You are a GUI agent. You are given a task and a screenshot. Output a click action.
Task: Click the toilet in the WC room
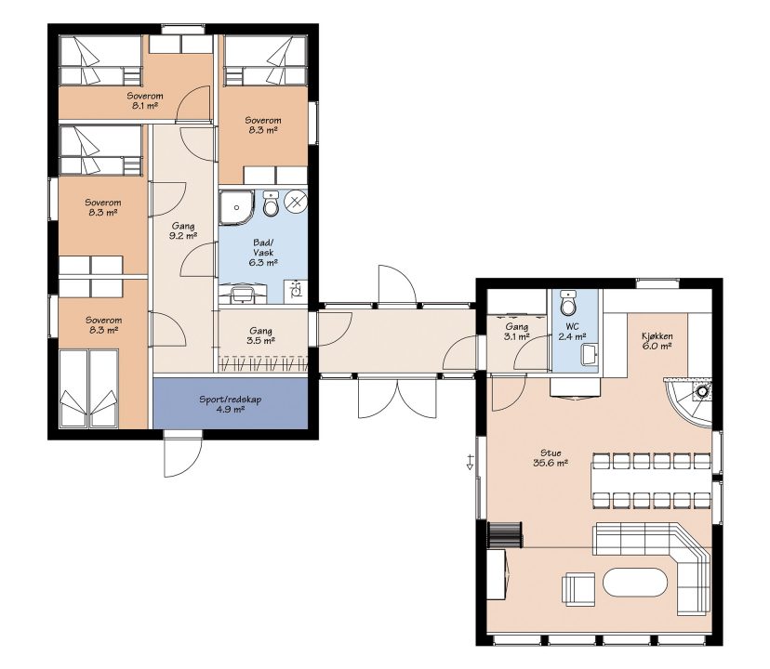[x=568, y=303]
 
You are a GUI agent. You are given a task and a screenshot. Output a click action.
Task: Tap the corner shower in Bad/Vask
[x=236, y=207]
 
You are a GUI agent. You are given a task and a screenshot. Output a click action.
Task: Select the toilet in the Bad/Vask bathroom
[x=271, y=203]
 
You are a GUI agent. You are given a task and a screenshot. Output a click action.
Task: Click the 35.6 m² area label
[x=551, y=463]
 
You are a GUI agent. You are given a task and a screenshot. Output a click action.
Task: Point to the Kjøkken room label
[x=657, y=341]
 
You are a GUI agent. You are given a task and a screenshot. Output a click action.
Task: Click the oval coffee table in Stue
[x=635, y=583]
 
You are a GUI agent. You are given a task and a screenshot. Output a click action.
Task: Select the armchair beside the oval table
[x=578, y=588]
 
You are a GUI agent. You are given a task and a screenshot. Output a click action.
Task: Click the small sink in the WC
[x=590, y=355]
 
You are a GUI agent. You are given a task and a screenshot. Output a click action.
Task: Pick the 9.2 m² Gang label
[x=183, y=230]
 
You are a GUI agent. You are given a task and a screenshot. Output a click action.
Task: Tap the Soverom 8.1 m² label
[x=145, y=100]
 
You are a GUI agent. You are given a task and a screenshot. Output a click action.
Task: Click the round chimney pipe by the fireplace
[x=703, y=391]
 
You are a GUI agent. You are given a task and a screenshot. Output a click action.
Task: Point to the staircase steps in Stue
[x=505, y=534]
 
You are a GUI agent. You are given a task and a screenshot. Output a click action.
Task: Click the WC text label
[x=572, y=327]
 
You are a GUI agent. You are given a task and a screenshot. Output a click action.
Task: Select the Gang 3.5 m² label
[x=260, y=335]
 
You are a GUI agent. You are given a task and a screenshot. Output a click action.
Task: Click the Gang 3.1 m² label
[x=517, y=332]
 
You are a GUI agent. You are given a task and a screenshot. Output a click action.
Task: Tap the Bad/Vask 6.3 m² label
[x=264, y=253]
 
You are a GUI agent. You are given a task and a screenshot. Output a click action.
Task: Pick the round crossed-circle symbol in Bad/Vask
[x=296, y=202]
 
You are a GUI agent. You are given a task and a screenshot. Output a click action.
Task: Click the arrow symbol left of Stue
[x=470, y=463]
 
